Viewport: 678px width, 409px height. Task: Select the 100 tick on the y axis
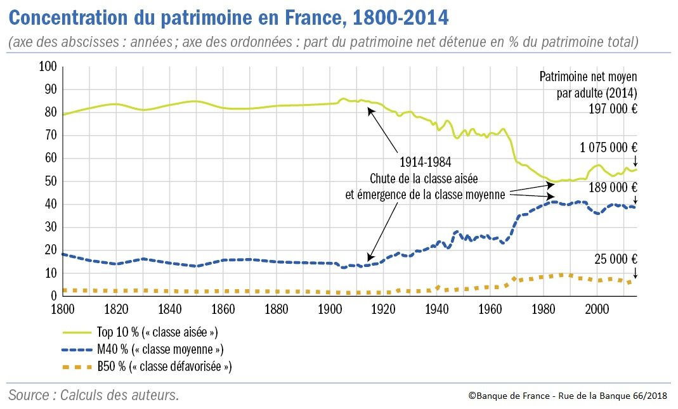pyautogui.click(x=48, y=67)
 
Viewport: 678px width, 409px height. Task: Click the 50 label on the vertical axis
pyautogui.click(x=51, y=181)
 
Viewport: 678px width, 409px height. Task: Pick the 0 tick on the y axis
pyautogui.click(x=54, y=296)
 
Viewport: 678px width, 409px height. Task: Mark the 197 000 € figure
pyautogui.click(x=611, y=108)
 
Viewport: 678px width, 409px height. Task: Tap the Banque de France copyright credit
pyautogui.click(x=568, y=395)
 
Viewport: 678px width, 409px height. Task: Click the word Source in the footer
pyautogui.click(x=29, y=395)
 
